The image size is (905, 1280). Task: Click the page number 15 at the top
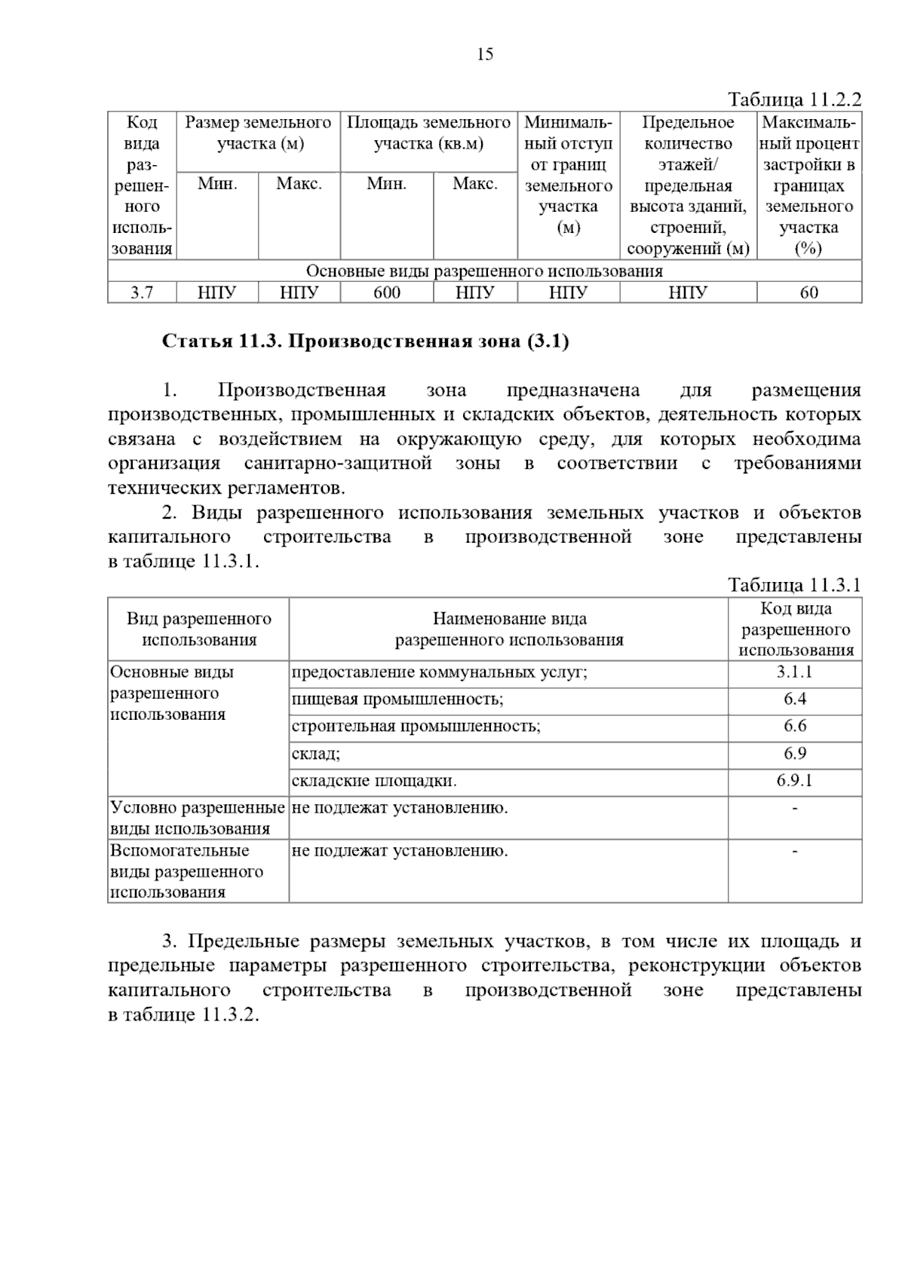click(x=485, y=54)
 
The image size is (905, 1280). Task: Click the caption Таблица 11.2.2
click(x=794, y=100)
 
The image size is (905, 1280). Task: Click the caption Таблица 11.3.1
click(x=794, y=585)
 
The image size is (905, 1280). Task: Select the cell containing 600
click(x=387, y=292)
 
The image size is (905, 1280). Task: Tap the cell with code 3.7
click(x=142, y=292)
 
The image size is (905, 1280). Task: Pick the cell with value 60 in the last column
click(x=808, y=292)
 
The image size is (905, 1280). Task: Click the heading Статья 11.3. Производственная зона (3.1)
click(x=366, y=341)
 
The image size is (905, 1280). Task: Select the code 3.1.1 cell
click(x=794, y=672)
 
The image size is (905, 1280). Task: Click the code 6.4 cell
click(x=794, y=700)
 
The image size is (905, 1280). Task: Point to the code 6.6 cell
click(x=794, y=727)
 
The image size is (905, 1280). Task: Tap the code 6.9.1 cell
click(x=794, y=781)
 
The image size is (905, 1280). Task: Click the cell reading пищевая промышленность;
click(x=397, y=700)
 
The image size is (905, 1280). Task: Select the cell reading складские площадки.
click(x=374, y=781)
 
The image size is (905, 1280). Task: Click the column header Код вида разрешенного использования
click(x=795, y=629)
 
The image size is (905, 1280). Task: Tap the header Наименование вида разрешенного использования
click(x=509, y=629)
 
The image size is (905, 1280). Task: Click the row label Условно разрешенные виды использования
click(x=198, y=818)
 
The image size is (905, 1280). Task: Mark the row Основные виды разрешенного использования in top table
click(x=484, y=271)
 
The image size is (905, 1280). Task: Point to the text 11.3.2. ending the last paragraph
click(x=230, y=1014)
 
